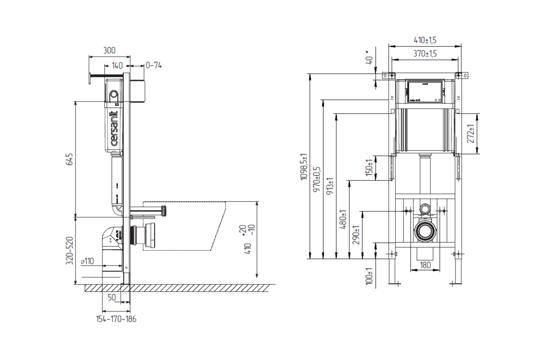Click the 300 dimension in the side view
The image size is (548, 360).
click(109, 50)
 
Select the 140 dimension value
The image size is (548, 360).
click(117, 65)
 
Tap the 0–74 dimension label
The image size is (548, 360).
click(153, 65)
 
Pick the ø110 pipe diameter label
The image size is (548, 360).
click(87, 261)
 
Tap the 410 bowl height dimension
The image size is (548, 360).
click(248, 249)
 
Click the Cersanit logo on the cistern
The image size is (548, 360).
click(115, 129)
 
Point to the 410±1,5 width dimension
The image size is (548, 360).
click(425, 40)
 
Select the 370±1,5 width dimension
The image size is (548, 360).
click(425, 53)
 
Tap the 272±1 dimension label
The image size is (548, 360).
click(471, 134)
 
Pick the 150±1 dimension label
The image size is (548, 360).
click(370, 168)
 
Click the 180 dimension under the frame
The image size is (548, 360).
click(425, 265)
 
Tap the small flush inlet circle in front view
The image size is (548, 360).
click(425, 209)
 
